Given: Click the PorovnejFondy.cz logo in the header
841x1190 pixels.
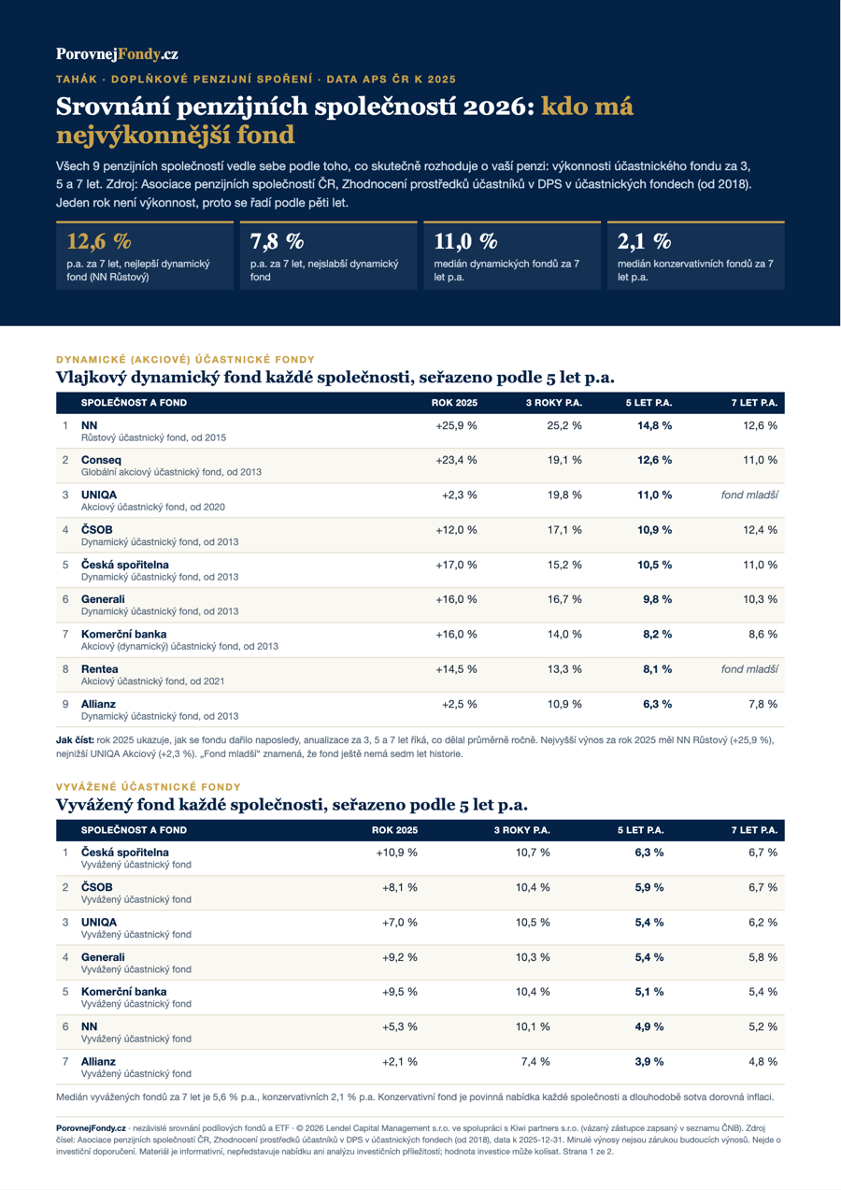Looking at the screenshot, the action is [117, 54].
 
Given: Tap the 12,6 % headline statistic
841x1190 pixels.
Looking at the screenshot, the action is [99, 242].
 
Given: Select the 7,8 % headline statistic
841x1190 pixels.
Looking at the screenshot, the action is [277, 242].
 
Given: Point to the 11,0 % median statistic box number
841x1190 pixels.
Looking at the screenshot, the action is [465, 242].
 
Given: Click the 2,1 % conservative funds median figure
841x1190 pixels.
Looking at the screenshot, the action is [644, 242].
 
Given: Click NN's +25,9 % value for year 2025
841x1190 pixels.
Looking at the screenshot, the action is [456, 425].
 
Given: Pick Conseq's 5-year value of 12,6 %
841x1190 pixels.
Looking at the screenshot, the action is [654, 460].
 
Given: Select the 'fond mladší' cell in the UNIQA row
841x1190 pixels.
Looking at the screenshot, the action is [749, 495].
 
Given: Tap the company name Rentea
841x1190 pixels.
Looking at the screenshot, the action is [99, 668].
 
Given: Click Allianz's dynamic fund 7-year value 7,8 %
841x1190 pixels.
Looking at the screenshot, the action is [763, 704].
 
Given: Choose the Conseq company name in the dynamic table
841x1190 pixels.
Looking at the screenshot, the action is [101, 460].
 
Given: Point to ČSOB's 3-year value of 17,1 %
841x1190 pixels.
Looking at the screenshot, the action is [564, 530].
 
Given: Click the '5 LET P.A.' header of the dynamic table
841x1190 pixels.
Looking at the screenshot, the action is [649, 403].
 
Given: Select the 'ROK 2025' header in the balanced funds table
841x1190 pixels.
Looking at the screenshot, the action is [394, 830].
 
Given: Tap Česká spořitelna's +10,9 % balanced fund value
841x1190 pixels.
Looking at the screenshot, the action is [396, 853].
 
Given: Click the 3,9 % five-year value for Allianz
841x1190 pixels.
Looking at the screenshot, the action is [649, 1062].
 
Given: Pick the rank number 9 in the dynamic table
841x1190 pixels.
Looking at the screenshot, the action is [65, 704].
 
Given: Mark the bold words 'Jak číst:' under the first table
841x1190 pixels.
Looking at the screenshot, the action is [75, 740].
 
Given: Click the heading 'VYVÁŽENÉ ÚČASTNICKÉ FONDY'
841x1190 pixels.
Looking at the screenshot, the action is [149, 787].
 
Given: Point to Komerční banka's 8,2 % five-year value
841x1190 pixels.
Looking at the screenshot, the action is [657, 635].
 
